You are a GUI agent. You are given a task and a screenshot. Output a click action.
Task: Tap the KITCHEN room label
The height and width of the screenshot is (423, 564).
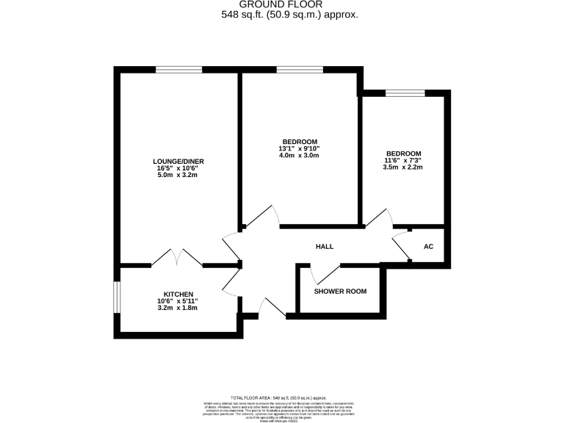pyautogui.click(x=178, y=294)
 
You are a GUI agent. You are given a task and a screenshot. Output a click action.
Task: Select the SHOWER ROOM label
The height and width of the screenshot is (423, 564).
pyautogui.click(x=340, y=292)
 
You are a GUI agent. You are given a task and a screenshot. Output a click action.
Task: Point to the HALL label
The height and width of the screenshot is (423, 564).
pyautogui.click(x=325, y=247)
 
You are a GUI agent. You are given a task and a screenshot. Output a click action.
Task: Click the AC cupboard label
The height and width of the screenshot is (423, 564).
pyautogui.click(x=429, y=247)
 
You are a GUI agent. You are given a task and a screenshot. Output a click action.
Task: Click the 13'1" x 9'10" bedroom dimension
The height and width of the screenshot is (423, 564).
pyautogui.click(x=300, y=149)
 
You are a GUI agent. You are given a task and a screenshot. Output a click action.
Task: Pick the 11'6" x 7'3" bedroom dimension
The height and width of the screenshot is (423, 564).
pyautogui.click(x=402, y=161)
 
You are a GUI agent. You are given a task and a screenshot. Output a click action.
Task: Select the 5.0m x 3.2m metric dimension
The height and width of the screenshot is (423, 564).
pyautogui.click(x=178, y=176)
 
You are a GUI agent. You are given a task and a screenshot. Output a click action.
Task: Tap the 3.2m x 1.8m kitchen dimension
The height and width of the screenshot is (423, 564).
pyautogui.click(x=178, y=308)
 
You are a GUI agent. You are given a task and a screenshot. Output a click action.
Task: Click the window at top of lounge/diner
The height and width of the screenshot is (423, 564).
pyautogui.click(x=178, y=70)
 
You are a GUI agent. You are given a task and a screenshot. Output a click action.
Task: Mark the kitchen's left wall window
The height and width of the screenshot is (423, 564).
pyautogui.click(x=117, y=297)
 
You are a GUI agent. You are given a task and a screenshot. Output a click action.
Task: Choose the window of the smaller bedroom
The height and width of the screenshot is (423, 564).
pyautogui.click(x=405, y=93)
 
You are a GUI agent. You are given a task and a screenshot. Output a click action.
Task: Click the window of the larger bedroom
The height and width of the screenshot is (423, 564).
pyautogui.click(x=300, y=70)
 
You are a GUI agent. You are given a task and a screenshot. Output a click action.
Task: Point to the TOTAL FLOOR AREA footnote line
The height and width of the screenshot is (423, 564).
pyautogui.click(x=283, y=396)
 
